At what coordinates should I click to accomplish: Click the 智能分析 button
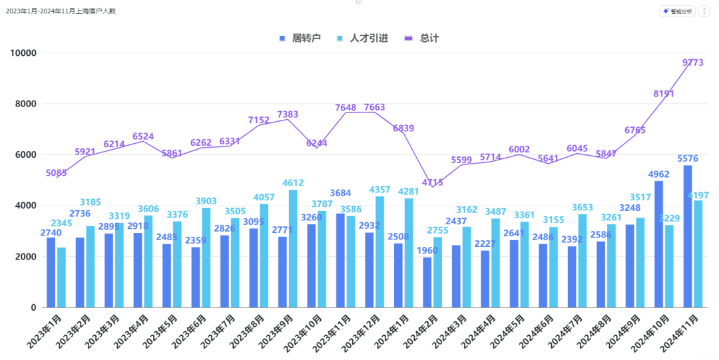coord(677,11)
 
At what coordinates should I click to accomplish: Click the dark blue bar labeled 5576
coord(688,236)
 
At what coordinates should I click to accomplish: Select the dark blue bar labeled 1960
coord(427,282)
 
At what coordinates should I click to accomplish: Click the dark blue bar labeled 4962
coord(658,244)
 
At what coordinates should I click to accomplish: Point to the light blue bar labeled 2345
coord(62,277)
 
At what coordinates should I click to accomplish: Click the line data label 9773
coord(693,63)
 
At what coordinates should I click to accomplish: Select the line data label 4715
coord(432,182)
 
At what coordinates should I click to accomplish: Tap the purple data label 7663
coord(374,107)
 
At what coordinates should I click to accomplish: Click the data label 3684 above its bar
coord(340,193)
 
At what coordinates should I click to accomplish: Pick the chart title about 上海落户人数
coord(61,11)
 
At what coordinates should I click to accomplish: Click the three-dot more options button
coord(704,11)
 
